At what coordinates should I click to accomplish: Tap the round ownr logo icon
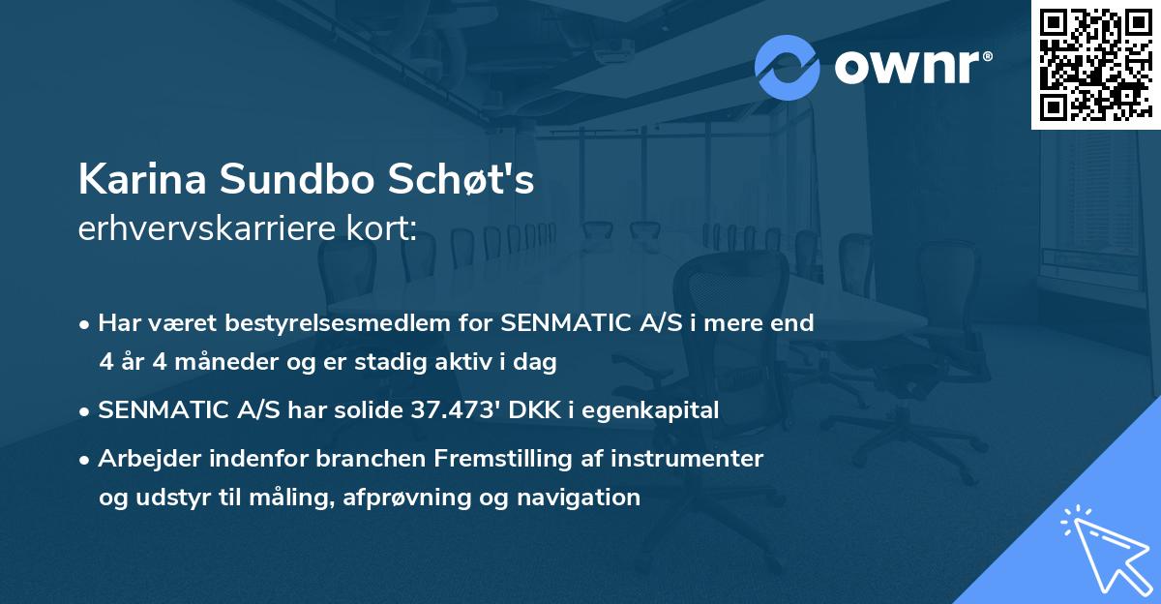coord(788,68)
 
